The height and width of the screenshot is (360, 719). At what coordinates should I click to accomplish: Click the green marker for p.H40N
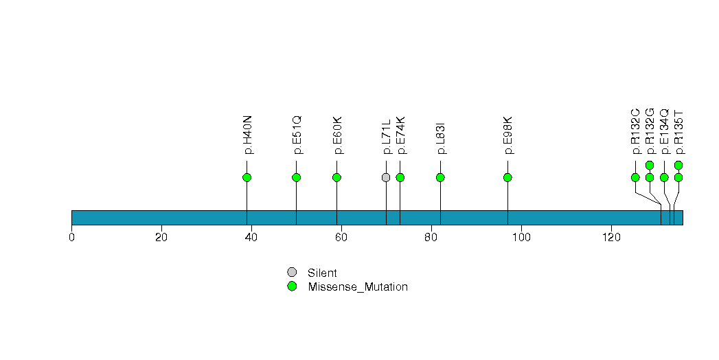pos(247,177)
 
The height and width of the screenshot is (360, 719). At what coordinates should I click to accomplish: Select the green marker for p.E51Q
pos(296,177)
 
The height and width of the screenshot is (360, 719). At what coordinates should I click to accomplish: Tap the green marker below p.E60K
pos(336,177)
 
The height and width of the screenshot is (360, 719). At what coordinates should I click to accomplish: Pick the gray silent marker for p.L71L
pos(386,177)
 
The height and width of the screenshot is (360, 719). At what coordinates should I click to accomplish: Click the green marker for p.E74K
pos(400,177)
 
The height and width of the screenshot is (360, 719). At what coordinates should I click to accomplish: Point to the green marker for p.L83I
pos(440,177)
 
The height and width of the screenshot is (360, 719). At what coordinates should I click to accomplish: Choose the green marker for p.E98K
pos(507,177)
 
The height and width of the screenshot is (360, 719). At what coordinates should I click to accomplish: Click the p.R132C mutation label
pos(635,131)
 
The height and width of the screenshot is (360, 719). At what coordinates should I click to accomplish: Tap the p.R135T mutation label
pos(678,132)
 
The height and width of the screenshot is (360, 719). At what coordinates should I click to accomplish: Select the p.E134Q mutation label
pos(664,131)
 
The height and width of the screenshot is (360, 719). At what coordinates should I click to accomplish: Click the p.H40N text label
pos(247,135)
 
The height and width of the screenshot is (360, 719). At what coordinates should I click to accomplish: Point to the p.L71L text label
pos(386,137)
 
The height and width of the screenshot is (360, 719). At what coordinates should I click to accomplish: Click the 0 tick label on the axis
pos(71,238)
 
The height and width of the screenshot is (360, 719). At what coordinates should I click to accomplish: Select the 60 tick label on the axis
pos(341,238)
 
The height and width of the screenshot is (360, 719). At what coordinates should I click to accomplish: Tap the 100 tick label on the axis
pos(521,238)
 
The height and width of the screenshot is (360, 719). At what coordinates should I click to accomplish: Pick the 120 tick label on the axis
pos(610,238)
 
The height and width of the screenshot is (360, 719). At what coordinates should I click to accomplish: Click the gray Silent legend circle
pos(292,273)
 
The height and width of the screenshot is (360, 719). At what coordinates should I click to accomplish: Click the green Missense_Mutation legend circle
pos(292,286)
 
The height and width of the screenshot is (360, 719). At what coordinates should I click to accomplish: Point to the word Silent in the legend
pos(322,273)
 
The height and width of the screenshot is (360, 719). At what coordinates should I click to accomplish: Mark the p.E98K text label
pos(507,135)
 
